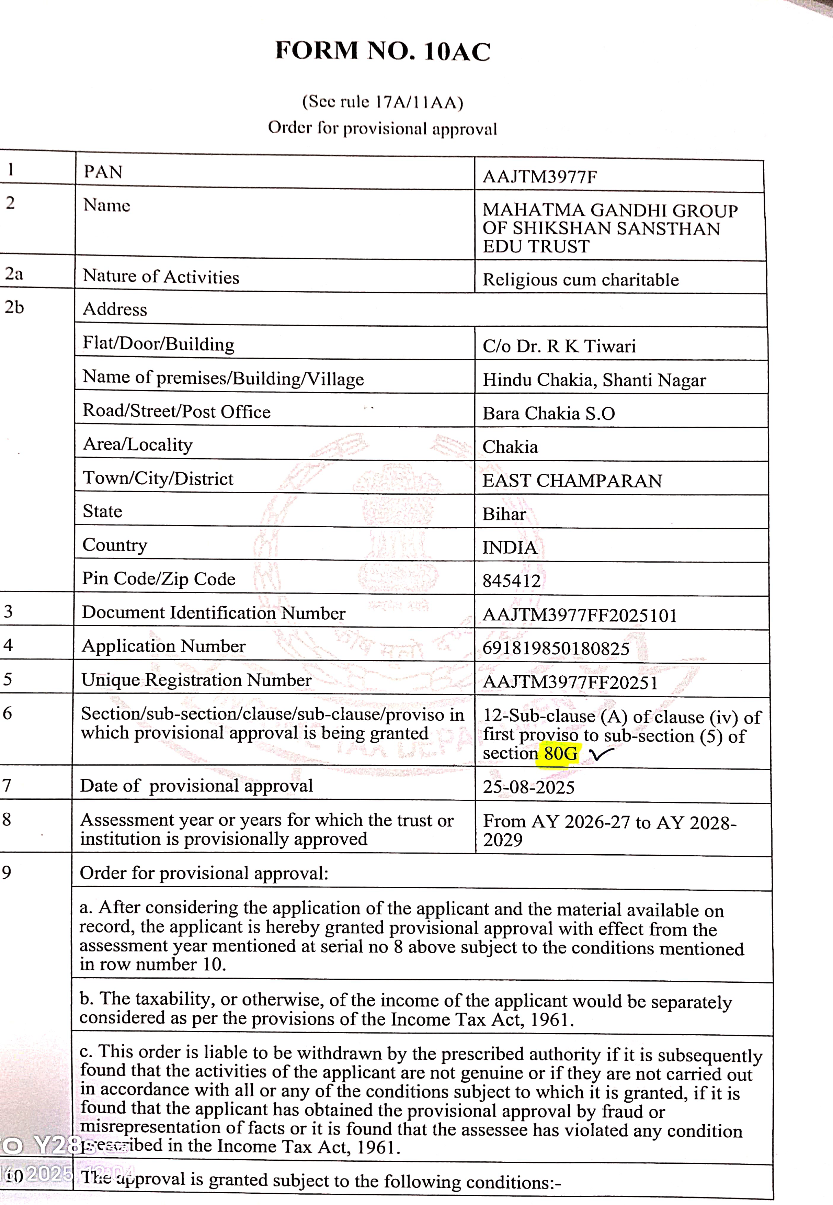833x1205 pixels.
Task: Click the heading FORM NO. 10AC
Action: point(383,51)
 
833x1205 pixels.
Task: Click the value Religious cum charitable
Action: point(580,280)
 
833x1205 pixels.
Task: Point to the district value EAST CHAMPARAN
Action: point(572,480)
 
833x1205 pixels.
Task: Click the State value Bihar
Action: point(504,514)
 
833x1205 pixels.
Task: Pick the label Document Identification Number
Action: point(214,613)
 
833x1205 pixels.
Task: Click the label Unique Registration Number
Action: point(196,680)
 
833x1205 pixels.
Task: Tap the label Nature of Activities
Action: point(161,277)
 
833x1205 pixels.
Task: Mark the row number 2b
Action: point(14,307)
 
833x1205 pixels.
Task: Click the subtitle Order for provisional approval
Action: point(382,128)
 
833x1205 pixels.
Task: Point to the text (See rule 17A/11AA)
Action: point(383,101)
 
